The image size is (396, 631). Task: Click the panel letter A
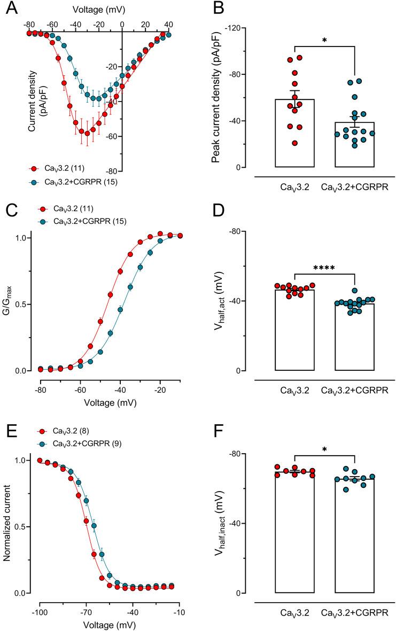pos(9,9)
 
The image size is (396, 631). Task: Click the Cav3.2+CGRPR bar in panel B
pos(355,144)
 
